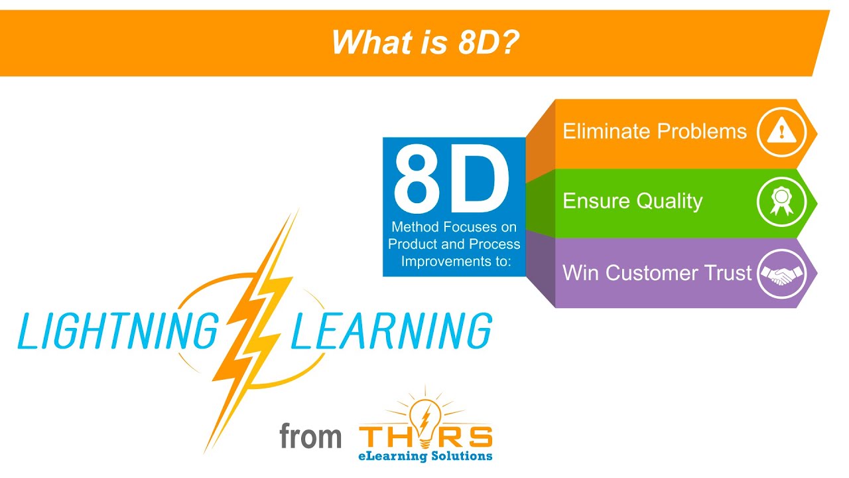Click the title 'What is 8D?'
(424, 42)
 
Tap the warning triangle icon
(781, 131)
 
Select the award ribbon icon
(781, 201)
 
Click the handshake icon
(781, 274)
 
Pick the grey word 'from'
(310, 437)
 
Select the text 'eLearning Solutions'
(425, 456)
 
